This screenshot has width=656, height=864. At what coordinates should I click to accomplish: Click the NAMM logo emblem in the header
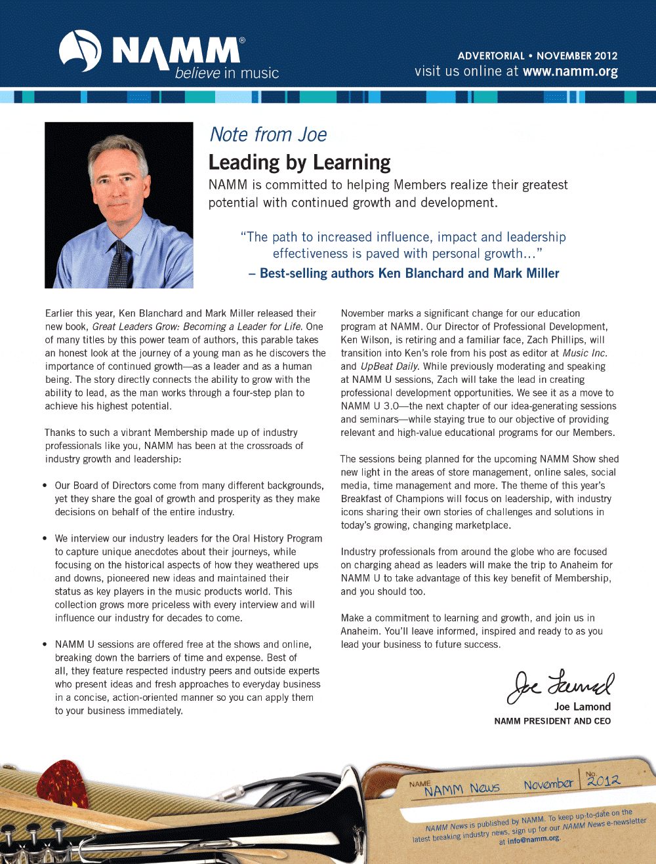80,51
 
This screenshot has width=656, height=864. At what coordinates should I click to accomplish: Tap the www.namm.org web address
570,71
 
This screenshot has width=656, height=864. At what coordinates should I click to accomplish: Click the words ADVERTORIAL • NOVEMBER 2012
537,56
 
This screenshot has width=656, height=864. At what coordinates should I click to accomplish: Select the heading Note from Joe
268,134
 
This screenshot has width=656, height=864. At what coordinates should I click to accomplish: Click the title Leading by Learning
299,162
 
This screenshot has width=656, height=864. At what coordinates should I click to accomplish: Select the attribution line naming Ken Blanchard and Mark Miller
403,273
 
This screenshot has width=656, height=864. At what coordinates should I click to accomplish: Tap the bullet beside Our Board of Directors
45,486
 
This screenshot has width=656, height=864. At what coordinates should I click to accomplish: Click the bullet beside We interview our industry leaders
45,538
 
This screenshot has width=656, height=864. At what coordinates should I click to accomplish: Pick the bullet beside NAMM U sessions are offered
45,644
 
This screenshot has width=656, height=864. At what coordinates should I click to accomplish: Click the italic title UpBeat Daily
389,366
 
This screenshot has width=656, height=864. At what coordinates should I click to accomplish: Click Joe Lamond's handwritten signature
561,686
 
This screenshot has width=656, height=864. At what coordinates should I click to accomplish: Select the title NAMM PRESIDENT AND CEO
552,721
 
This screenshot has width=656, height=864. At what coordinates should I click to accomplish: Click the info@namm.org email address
533,839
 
